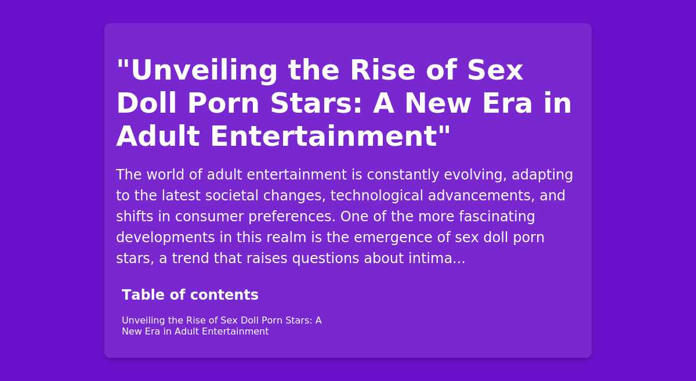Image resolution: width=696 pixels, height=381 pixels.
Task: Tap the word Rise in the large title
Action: (x=382, y=70)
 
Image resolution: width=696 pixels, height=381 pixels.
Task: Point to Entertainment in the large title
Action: (x=324, y=136)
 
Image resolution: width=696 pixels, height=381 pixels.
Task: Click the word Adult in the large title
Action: (x=158, y=136)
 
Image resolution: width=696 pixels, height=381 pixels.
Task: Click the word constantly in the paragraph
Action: (x=403, y=175)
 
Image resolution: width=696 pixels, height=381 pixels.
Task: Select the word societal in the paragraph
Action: (x=232, y=196)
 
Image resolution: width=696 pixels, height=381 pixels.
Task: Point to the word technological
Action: (x=376, y=196)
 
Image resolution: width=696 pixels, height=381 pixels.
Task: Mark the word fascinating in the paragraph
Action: (x=497, y=217)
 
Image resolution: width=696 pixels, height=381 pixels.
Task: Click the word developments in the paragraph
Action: (x=166, y=238)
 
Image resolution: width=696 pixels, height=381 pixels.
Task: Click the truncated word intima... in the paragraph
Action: (x=437, y=258)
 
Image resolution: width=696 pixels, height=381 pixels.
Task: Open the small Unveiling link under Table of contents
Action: (x=143, y=321)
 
